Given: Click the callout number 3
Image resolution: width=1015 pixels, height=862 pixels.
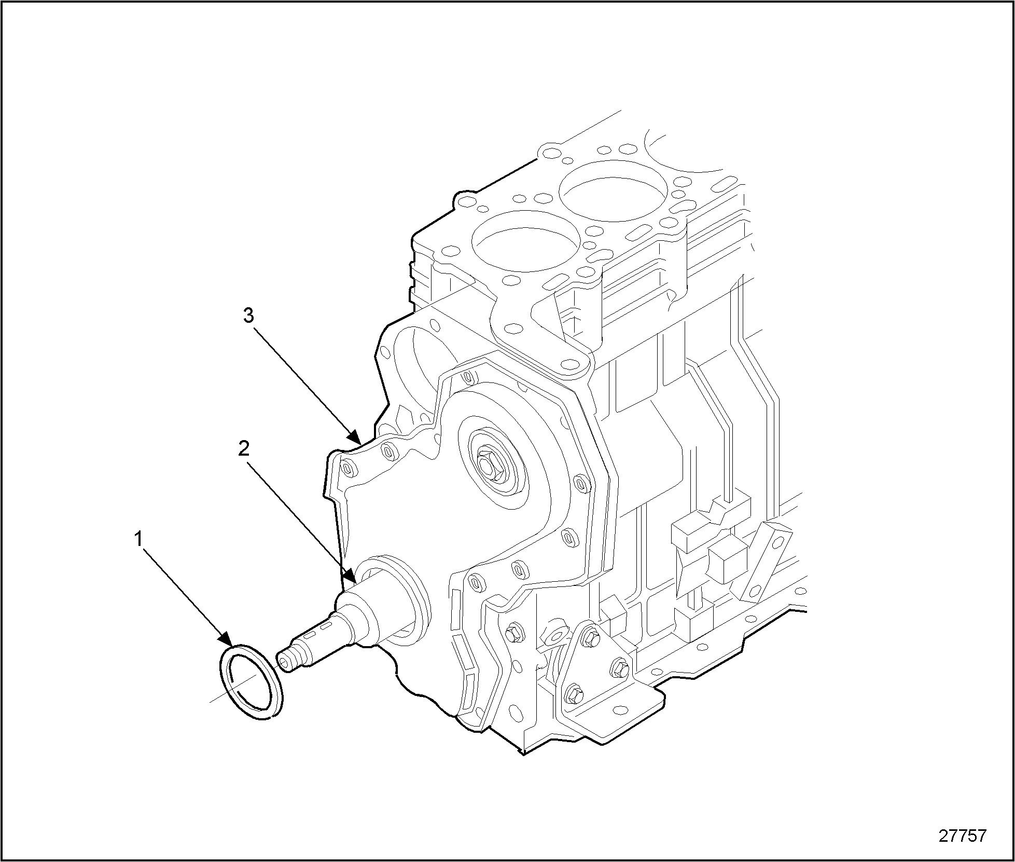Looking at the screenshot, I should (x=249, y=315).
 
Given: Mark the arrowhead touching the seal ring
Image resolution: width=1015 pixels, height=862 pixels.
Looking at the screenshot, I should (x=226, y=639).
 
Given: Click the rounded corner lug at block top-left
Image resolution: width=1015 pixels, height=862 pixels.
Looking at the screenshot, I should (x=465, y=201).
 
